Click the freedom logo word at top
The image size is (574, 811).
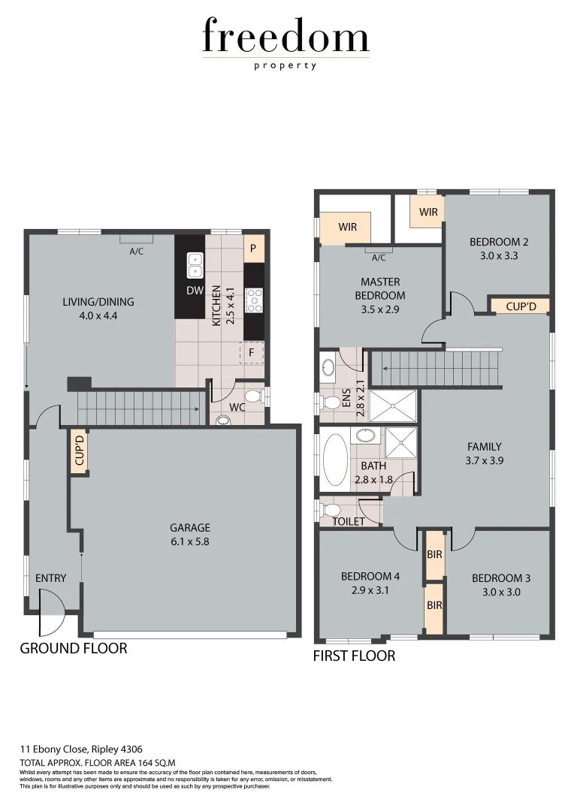click(285, 37)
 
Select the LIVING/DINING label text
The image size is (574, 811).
click(98, 302)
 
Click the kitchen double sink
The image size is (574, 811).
click(195, 265)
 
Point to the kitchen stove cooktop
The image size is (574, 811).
click(255, 301)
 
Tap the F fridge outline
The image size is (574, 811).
click(252, 352)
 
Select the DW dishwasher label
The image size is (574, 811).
click(195, 291)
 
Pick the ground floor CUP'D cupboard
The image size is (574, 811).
click(79, 451)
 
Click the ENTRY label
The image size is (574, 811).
click(51, 578)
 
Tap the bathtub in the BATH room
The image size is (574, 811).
click(334, 458)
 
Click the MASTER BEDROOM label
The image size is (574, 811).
click(379, 288)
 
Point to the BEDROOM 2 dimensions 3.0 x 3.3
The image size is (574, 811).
click(499, 255)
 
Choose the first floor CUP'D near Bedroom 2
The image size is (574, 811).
click(519, 306)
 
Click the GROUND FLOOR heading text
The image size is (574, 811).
click(74, 648)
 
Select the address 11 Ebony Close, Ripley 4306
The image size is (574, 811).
click(81, 749)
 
